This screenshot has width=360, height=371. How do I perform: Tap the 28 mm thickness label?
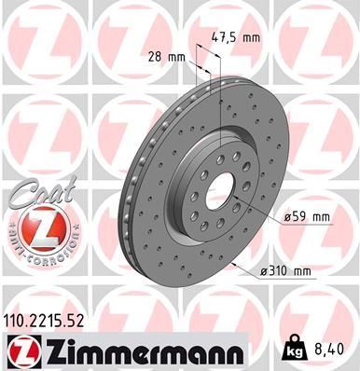point(167,57)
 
